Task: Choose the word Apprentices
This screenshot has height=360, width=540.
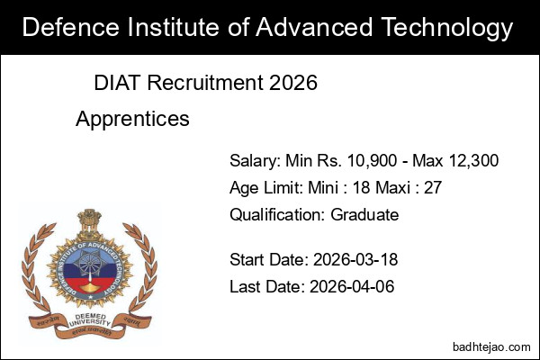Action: tap(132, 118)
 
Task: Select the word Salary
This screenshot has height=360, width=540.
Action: tap(255, 161)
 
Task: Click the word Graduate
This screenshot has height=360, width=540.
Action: tap(364, 215)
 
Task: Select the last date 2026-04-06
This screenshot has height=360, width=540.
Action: tap(352, 287)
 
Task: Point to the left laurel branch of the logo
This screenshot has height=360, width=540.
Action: tap(33, 270)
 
